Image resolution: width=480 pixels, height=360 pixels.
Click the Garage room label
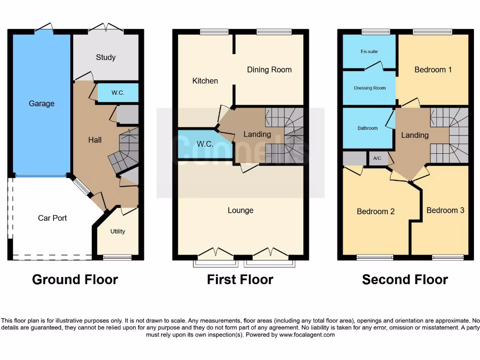pyautogui.click(x=42, y=104)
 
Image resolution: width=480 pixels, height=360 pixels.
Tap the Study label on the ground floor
pyautogui.click(x=105, y=57)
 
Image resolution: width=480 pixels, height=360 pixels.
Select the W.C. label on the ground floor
pyautogui.click(x=118, y=93)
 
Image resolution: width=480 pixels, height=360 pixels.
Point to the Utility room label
pyautogui.click(x=118, y=231)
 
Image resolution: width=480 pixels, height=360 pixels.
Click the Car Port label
pyautogui.click(x=52, y=218)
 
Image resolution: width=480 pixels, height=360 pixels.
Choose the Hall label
pyautogui.click(x=95, y=140)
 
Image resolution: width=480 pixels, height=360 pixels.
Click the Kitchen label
pyautogui.click(x=205, y=81)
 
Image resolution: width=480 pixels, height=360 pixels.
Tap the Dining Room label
pyautogui.click(x=269, y=69)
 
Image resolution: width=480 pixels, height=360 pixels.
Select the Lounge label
pyautogui.click(x=240, y=210)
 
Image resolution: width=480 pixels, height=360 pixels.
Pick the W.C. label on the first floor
pyautogui.click(x=205, y=144)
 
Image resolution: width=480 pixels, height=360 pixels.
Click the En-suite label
pyautogui.click(x=369, y=52)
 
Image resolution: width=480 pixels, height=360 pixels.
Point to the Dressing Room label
pyautogui.click(x=370, y=88)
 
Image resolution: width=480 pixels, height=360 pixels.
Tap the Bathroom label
pyautogui.click(x=367, y=128)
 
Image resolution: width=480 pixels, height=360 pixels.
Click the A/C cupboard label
pyautogui.click(x=377, y=159)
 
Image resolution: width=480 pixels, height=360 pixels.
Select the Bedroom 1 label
pyautogui.click(x=433, y=69)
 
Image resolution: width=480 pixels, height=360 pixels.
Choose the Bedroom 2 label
pyautogui.click(x=375, y=211)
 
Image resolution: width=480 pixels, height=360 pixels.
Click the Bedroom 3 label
pyautogui.click(x=445, y=210)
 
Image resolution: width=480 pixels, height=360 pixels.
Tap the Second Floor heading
pyautogui.click(x=405, y=280)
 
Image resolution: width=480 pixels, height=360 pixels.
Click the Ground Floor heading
pyautogui.click(x=75, y=280)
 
